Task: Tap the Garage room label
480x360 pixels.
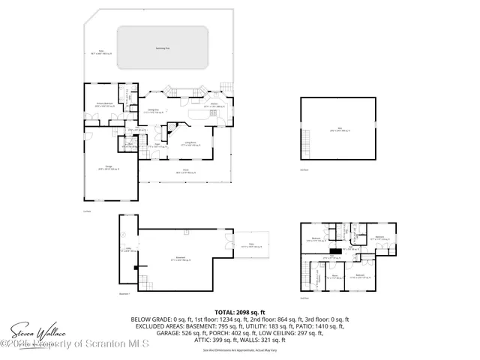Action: point(110,169)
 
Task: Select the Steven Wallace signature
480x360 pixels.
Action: point(37,330)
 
